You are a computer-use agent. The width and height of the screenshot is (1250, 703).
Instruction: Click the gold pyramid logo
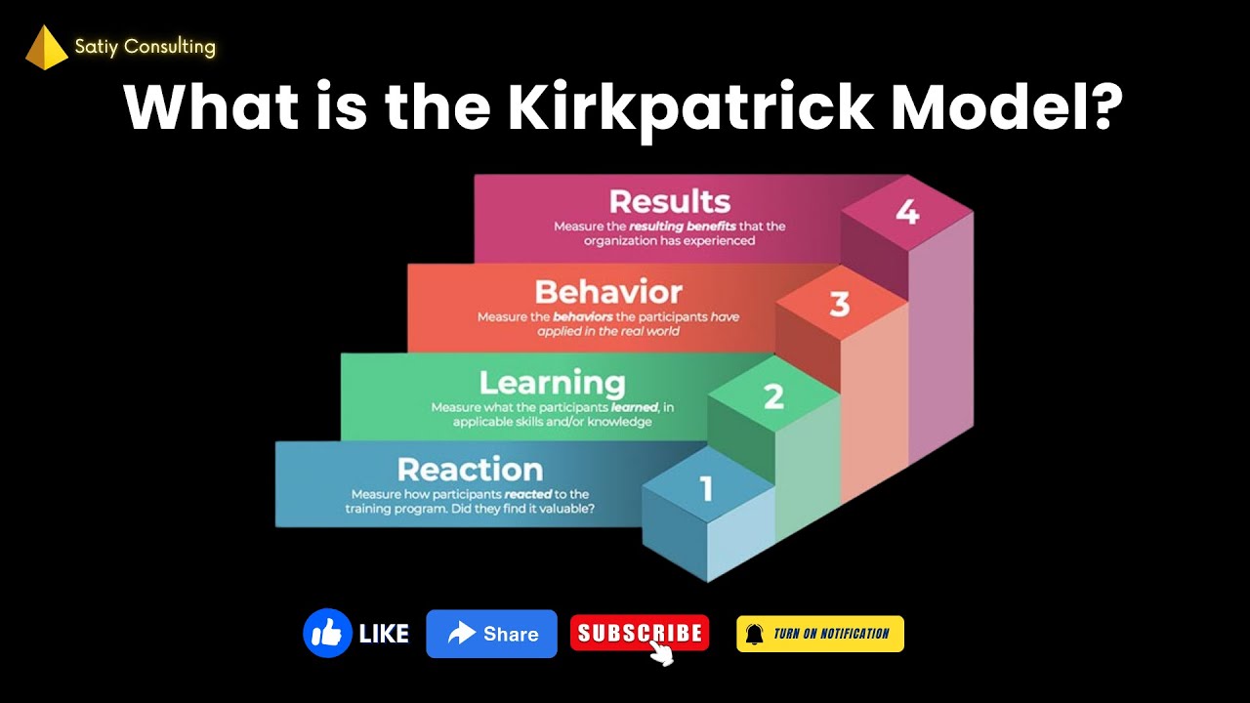click(x=46, y=49)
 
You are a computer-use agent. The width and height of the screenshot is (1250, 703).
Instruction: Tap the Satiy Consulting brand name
click(x=145, y=46)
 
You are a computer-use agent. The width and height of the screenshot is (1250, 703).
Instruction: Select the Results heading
click(x=669, y=201)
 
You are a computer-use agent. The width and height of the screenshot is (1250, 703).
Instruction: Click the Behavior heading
click(x=607, y=292)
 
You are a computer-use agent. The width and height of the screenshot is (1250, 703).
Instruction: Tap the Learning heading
click(x=552, y=382)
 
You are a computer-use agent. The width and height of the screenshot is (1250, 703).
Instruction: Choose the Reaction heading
click(x=470, y=470)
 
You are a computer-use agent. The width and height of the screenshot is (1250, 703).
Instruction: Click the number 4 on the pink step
click(x=907, y=212)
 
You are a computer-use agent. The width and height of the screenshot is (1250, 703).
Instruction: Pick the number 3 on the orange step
click(x=840, y=305)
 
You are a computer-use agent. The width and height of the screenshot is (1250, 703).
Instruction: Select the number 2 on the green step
click(x=773, y=396)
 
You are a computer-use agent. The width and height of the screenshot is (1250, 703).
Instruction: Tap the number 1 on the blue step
click(x=707, y=488)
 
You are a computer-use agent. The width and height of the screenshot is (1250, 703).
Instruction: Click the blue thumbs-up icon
click(x=327, y=634)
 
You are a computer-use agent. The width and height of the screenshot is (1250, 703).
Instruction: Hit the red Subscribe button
click(x=640, y=634)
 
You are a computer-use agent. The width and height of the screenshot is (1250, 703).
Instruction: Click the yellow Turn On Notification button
click(x=820, y=634)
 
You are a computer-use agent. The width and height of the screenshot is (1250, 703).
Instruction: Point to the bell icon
click(x=754, y=634)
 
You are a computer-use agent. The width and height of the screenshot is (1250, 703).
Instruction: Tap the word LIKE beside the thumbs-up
click(x=384, y=635)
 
